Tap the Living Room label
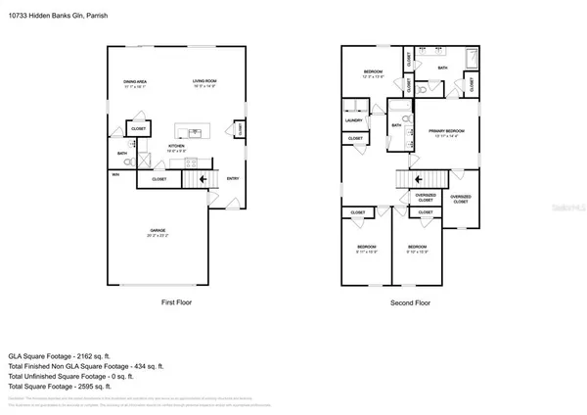[x=202, y=83]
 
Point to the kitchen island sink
[x=192, y=130]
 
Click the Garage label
[x=158, y=232]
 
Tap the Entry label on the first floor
[x=233, y=178]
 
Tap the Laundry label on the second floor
[x=353, y=121]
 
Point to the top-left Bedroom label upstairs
[x=373, y=73]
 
